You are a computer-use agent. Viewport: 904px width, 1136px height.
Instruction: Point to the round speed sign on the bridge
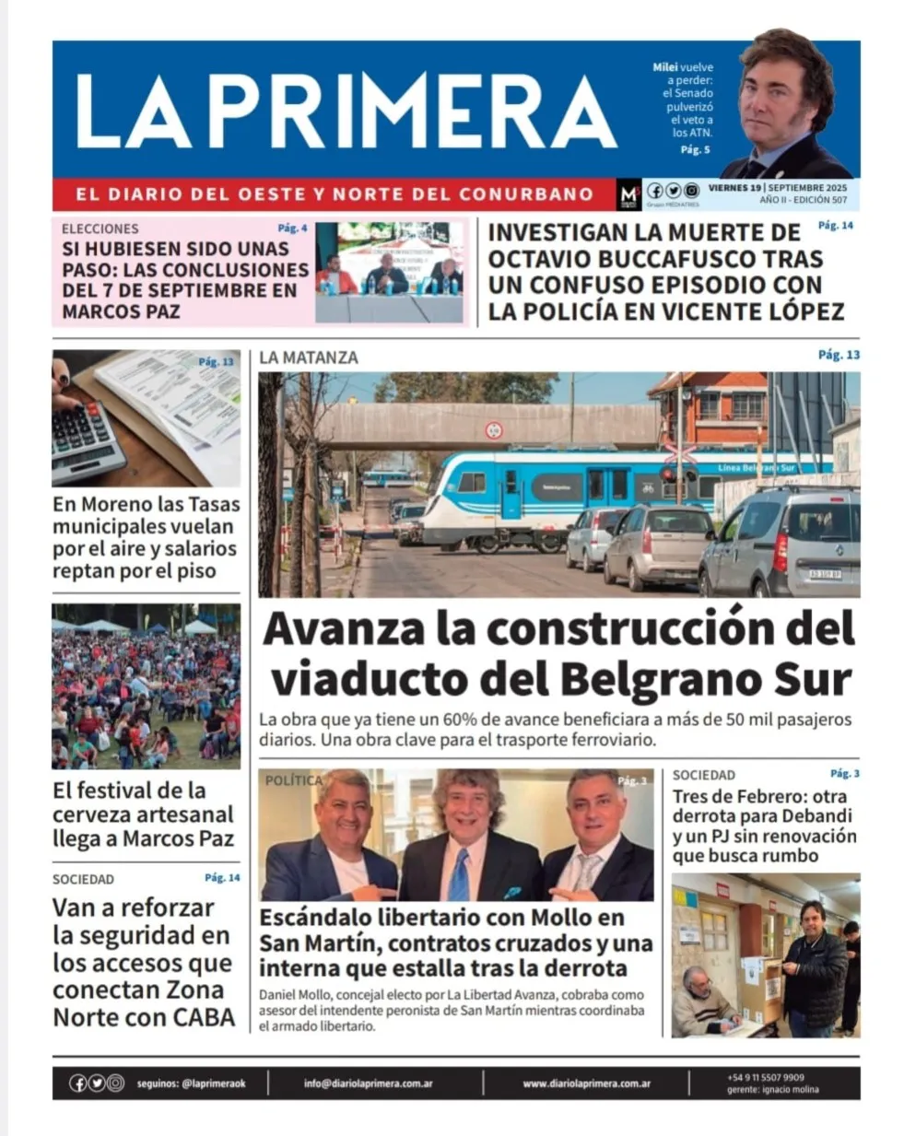point(494,429)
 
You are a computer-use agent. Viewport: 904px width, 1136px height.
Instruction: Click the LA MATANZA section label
point(309,357)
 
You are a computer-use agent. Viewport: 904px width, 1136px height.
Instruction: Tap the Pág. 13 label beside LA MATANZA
point(839,355)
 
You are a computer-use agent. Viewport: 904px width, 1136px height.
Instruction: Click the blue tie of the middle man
point(459,874)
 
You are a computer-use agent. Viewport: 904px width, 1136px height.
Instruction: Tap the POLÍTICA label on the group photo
point(294,780)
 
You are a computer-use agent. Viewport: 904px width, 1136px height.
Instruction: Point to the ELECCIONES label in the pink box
point(100,228)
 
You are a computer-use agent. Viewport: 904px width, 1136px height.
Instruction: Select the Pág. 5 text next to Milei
point(695,149)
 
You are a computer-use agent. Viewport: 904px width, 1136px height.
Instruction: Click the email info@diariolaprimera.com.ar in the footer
point(368,1083)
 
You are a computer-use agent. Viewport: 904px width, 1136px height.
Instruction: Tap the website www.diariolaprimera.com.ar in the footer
point(586,1083)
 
